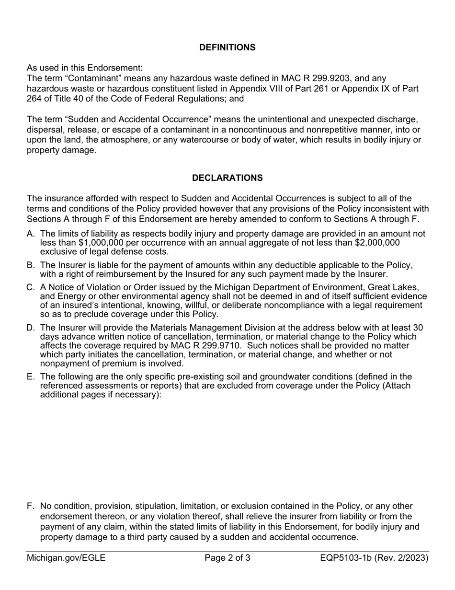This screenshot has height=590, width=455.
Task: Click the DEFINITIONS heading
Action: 227,47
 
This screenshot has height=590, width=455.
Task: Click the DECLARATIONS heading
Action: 227,178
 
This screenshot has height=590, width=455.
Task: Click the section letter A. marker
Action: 31,234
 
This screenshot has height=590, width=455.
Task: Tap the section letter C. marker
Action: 31,288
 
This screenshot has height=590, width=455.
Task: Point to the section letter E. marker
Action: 31,377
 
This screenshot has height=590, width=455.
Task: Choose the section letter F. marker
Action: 31,507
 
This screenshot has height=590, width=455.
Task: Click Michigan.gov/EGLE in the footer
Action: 66,558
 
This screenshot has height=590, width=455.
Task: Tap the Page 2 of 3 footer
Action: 227,558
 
